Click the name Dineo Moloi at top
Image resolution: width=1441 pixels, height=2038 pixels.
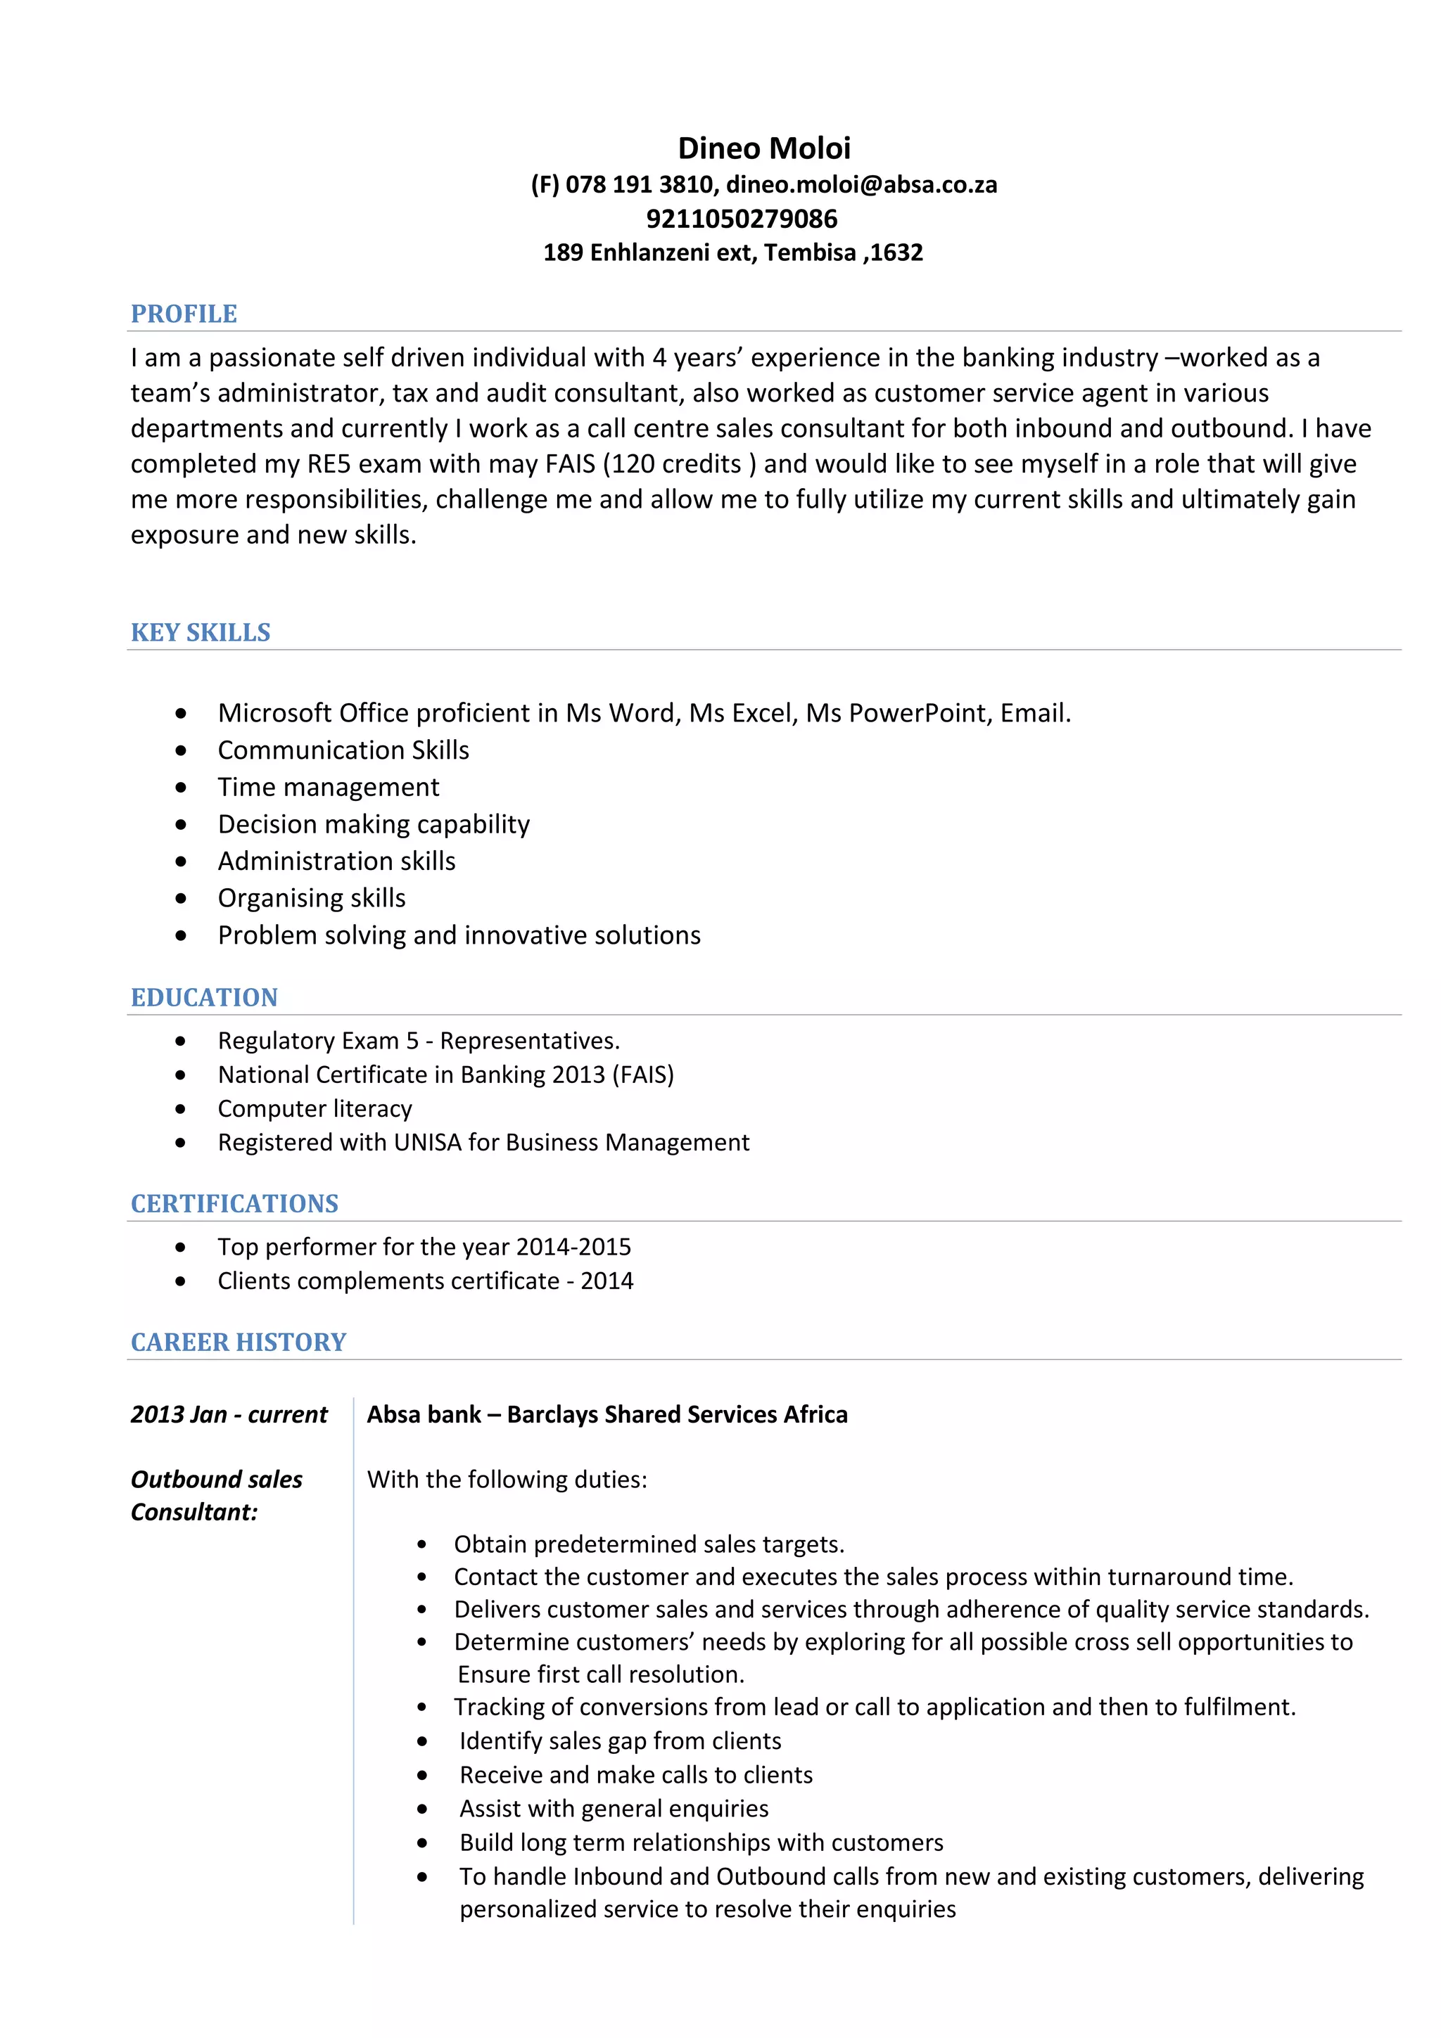click(x=763, y=148)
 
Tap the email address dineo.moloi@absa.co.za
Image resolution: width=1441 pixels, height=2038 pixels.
click(x=861, y=185)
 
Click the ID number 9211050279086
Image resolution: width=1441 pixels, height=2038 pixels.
click(x=742, y=218)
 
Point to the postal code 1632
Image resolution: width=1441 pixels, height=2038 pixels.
click(x=896, y=253)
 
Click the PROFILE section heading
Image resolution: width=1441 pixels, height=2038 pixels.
click(x=184, y=314)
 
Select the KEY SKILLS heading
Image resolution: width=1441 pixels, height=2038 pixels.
click(x=201, y=633)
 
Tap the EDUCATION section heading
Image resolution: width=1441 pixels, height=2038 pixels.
click(x=204, y=998)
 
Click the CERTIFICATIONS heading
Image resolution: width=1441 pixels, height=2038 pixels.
click(x=234, y=1205)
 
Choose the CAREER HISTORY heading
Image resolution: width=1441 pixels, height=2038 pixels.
click(x=238, y=1342)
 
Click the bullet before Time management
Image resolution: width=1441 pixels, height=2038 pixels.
click(x=181, y=788)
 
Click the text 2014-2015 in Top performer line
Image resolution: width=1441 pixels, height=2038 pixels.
click(x=573, y=1247)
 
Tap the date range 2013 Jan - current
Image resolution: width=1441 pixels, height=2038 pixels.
click(x=229, y=1415)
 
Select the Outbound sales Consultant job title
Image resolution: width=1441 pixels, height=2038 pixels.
click(x=216, y=1496)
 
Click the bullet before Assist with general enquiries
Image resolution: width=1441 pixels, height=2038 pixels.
click(x=423, y=1809)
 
